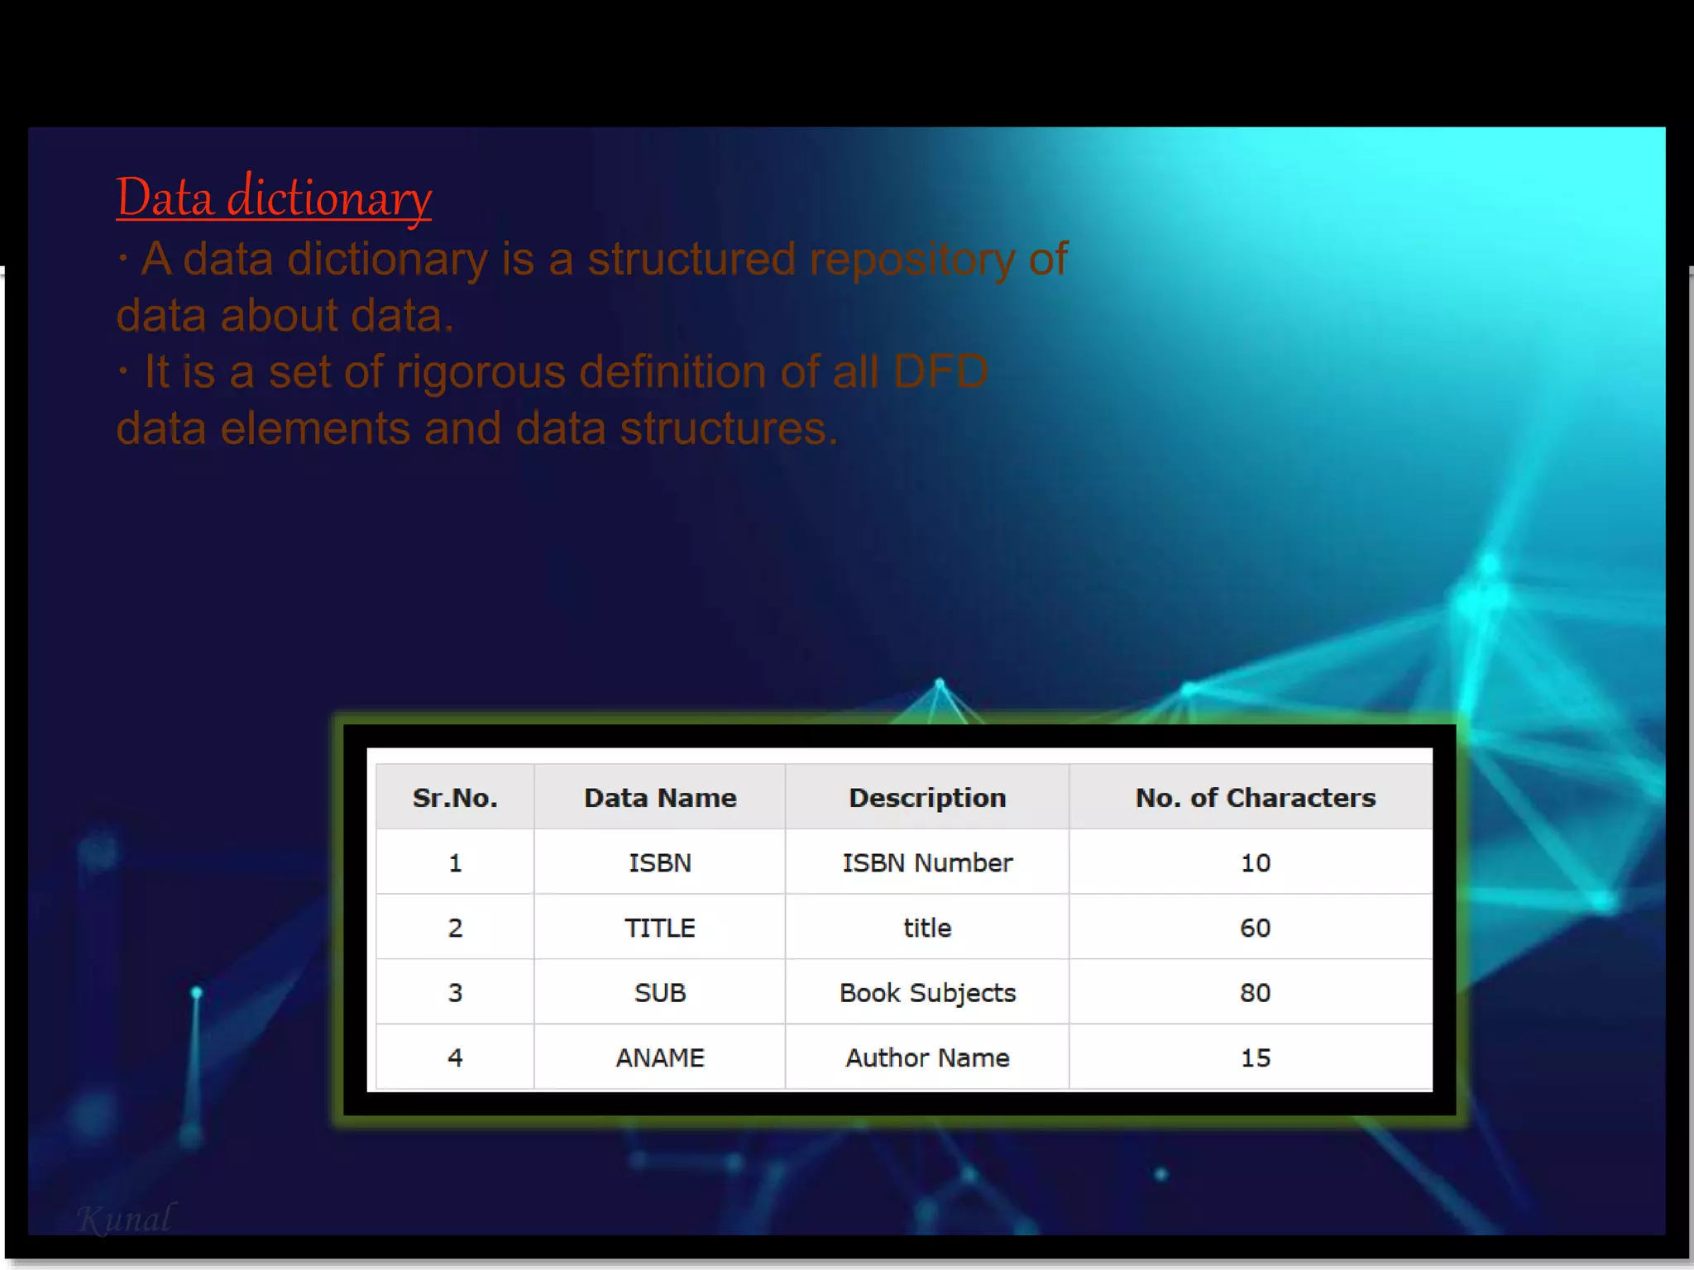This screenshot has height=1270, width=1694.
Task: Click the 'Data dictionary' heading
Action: [273, 198]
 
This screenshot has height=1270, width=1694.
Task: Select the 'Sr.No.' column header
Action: [455, 798]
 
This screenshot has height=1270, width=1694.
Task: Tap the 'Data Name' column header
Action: [660, 798]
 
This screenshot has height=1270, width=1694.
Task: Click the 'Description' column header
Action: [927, 798]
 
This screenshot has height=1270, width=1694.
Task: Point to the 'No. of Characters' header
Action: [1255, 798]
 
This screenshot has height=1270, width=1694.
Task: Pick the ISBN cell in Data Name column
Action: [660, 863]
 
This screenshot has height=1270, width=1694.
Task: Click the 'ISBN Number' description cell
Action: [927, 863]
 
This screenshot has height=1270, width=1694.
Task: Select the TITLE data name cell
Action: [660, 928]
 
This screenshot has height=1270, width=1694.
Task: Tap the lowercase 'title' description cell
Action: [927, 928]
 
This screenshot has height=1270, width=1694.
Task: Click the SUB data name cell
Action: [660, 993]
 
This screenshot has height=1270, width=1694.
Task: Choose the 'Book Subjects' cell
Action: [927, 993]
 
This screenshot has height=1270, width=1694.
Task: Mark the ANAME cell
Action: [660, 1058]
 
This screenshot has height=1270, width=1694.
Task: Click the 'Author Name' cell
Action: [927, 1058]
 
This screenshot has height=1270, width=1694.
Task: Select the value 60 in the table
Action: [1255, 928]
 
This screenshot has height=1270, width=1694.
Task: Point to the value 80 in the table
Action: [1255, 993]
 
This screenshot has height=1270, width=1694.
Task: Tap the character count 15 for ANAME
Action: [1255, 1058]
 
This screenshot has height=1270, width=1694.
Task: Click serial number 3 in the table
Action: [455, 993]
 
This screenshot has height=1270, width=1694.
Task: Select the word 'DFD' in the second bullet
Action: [940, 372]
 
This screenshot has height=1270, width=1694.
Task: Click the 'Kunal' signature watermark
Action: [126, 1219]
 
